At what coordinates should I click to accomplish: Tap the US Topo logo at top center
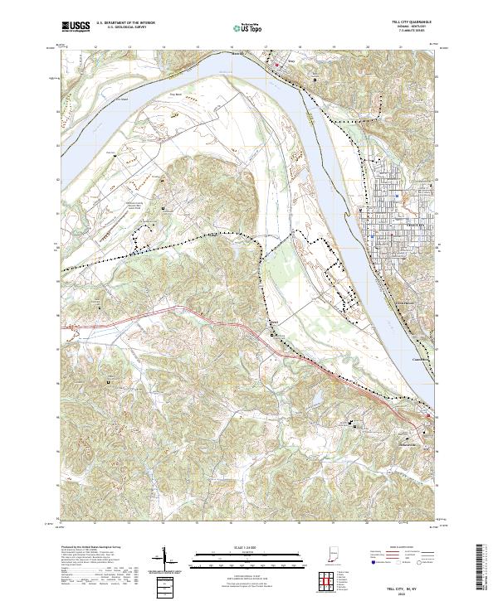[248, 27]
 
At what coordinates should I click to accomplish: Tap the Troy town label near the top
[291, 60]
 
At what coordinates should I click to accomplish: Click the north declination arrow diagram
[164, 559]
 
